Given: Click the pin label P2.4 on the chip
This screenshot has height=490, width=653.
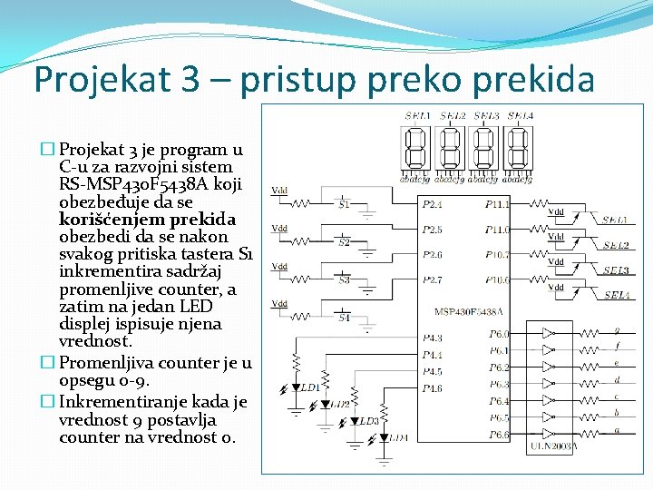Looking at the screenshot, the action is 433,205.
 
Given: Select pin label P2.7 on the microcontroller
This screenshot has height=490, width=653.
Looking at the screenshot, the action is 433,279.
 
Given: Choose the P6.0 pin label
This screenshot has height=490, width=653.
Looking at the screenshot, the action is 499,334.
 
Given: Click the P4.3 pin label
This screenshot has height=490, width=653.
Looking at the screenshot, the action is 433,338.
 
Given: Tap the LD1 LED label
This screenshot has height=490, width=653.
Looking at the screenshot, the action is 310,387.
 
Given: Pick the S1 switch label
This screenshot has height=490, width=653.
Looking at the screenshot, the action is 344,205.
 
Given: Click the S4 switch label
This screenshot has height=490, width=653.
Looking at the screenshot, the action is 344,318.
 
